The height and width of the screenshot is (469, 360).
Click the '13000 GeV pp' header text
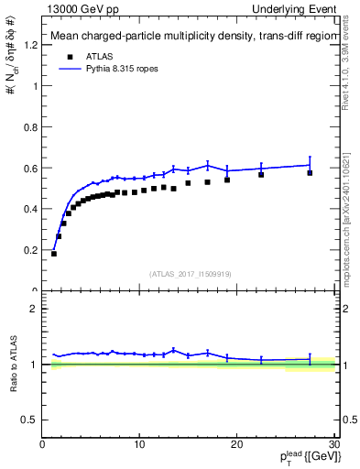(x=80, y=9)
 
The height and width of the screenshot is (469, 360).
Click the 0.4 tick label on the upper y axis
(x=30, y=209)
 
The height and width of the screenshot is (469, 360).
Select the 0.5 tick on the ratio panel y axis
(x=30, y=420)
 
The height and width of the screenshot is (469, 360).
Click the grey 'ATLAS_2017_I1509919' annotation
(x=189, y=273)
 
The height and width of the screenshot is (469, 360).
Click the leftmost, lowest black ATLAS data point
(x=54, y=253)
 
